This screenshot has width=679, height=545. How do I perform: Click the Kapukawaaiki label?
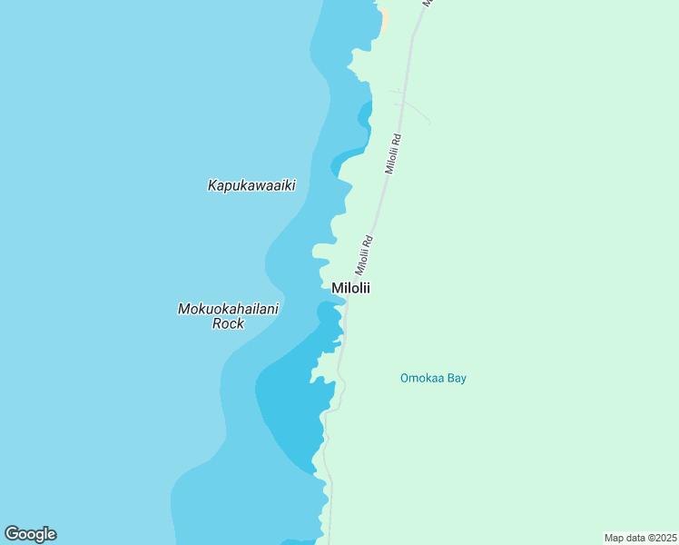[251, 185]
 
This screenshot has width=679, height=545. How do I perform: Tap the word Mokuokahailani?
[228, 309]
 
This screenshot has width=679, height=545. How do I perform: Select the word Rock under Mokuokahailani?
[228, 323]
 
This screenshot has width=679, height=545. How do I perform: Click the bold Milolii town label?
[351, 288]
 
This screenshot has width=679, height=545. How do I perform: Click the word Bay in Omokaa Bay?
[456, 378]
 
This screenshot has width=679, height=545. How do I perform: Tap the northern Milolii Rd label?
[392, 154]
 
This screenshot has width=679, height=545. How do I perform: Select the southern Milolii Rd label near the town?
[364, 256]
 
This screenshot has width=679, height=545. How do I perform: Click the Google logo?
[30, 534]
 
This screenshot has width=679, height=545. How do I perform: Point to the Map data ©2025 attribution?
[640, 537]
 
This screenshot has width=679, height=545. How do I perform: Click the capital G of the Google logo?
[11, 534]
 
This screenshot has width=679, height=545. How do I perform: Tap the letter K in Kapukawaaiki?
[212, 185]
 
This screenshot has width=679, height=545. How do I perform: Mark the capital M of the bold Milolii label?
[337, 288]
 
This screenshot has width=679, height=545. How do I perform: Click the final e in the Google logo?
[52, 535]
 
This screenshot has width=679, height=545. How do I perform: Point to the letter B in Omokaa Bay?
[449, 378]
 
